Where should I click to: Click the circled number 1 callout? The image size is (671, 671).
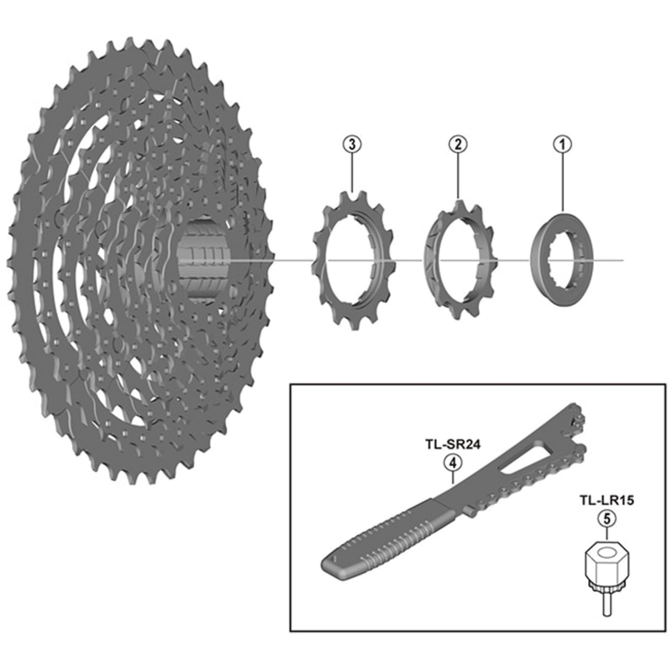(x=562, y=144)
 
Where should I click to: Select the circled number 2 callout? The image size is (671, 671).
(x=458, y=144)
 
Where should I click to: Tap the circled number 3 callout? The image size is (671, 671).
(x=352, y=144)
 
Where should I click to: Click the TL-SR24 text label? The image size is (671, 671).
(x=453, y=445)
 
